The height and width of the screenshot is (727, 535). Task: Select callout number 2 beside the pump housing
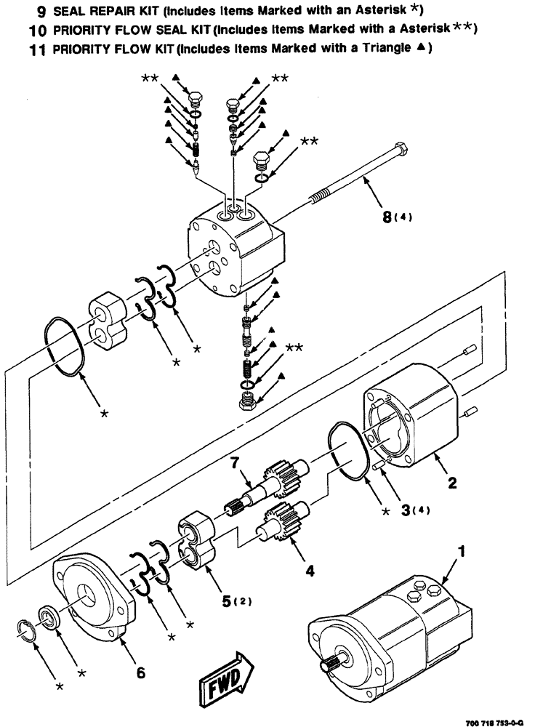coord(451,481)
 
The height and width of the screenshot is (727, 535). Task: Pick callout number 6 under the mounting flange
coord(140,672)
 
